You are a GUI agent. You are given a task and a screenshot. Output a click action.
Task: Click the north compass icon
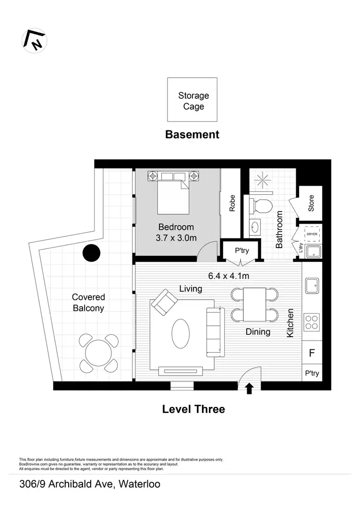coord(34,41)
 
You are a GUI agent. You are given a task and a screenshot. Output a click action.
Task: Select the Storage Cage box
coord(192,100)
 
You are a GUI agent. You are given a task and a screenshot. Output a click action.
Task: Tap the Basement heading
coord(192,134)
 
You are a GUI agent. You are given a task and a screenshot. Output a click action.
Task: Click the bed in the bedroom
coord(173,192)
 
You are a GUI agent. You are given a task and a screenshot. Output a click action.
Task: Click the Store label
coord(311,203)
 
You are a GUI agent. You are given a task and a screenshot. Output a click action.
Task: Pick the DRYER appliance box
coord(312,234)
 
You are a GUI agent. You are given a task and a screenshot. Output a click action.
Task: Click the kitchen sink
coord(312,285)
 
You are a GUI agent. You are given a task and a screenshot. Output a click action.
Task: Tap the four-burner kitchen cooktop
coord(312,321)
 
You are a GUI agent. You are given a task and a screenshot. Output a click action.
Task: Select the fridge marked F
coord(312,354)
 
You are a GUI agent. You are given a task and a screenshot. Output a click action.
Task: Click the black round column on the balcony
coord(91,253)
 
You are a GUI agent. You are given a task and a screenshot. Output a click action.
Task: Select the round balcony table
coord(98,354)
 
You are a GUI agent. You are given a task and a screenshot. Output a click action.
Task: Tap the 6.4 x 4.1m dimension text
coord(228,276)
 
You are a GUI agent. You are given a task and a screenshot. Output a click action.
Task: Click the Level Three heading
coord(193,409)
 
